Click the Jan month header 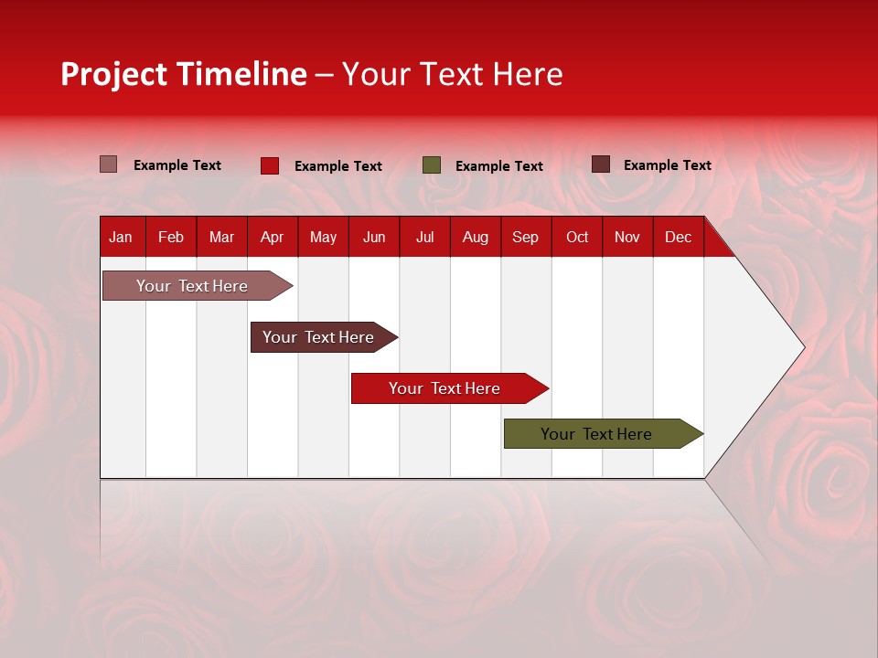tap(121, 237)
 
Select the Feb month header tap(171, 237)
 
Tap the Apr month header tap(272, 237)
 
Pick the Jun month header tap(374, 237)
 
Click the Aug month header tap(475, 237)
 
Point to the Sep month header tap(525, 237)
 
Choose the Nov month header tap(626, 237)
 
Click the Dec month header tap(678, 237)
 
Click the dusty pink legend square tap(109, 164)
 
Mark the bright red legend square tap(270, 165)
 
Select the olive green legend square tap(432, 165)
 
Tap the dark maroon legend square tap(601, 164)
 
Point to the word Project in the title tap(114, 74)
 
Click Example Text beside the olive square tap(498, 166)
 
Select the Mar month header tap(221, 237)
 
